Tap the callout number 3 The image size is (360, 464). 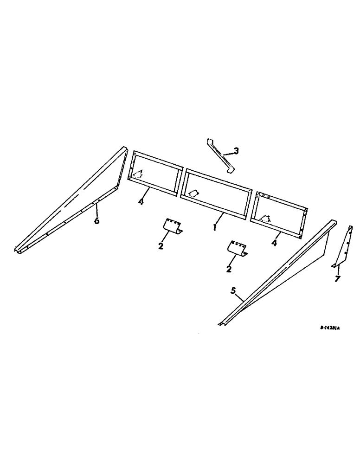tap(236, 151)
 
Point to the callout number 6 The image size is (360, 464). tap(96, 221)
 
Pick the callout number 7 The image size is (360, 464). tap(337, 279)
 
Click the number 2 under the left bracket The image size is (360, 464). tap(161, 246)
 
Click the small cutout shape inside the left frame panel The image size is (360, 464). tap(138, 174)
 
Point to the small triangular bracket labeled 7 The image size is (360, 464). tap(341, 246)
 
